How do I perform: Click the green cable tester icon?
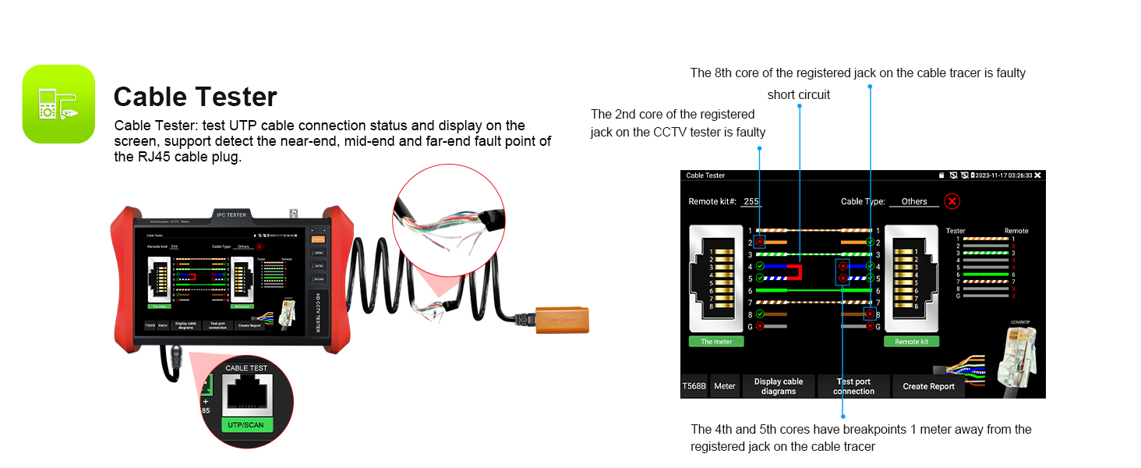pyautogui.click(x=58, y=104)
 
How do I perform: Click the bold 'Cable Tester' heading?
pyautogui.click(x=195, y=97)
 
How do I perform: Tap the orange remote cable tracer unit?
pyautogui.click(x=561, y=319)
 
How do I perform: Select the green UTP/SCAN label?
pyautogui.click(x=246, y=425)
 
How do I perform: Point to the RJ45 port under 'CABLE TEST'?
pyautogui.click(x=246, y=395)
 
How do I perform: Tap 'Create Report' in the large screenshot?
pyautogui.click(x=928, y=386)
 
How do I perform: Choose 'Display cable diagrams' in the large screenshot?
pyautogui.click(x=779, y=386)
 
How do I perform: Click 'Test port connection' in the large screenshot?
pyautogui.click(x=853, y=386)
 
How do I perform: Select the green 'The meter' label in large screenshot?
pyautogui.click(x=716, y=342)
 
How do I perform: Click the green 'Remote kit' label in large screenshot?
pyautogui.click(x=912, y=342)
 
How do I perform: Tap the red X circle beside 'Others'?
pyautogui.click(x=952, y=201)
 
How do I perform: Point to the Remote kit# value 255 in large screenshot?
pyautogui.click(x=751, y=201)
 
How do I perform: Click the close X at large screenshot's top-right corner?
pyautogui.click(x=1037, y=175)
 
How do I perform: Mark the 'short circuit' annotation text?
pyautogui.click(x=799, y=94)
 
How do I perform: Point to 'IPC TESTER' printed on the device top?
pyautogui.click(x=231, y=214)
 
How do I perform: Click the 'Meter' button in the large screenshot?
pyautogui.click(x=725, y=386)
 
